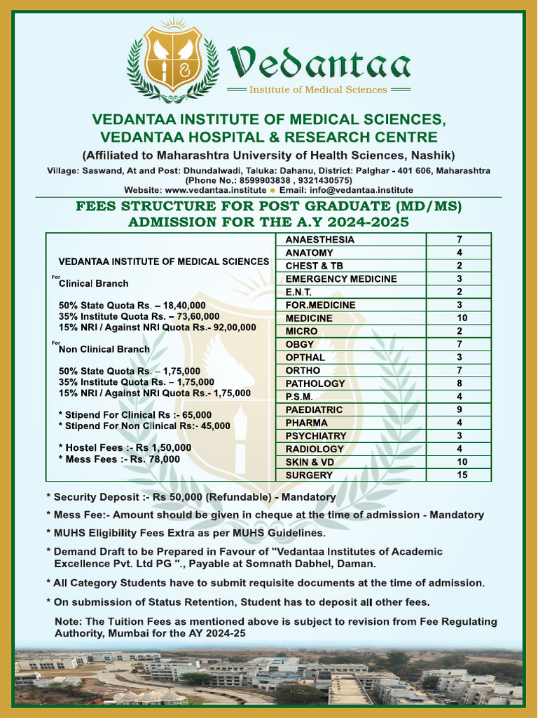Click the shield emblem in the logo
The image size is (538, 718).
coord(172,59)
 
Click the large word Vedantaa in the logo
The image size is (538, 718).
coord(320,64)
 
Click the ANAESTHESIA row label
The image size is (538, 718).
coord(319,240)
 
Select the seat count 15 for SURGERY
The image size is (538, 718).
coord(460,475)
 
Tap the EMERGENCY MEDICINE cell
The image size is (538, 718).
coord(340,279)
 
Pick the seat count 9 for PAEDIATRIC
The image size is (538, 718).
coord(460,409)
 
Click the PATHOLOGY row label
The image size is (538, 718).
coord(315,384)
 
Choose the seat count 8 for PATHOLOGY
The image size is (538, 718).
coord(460,384)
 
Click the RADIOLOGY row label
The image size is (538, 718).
coord(315,449)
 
